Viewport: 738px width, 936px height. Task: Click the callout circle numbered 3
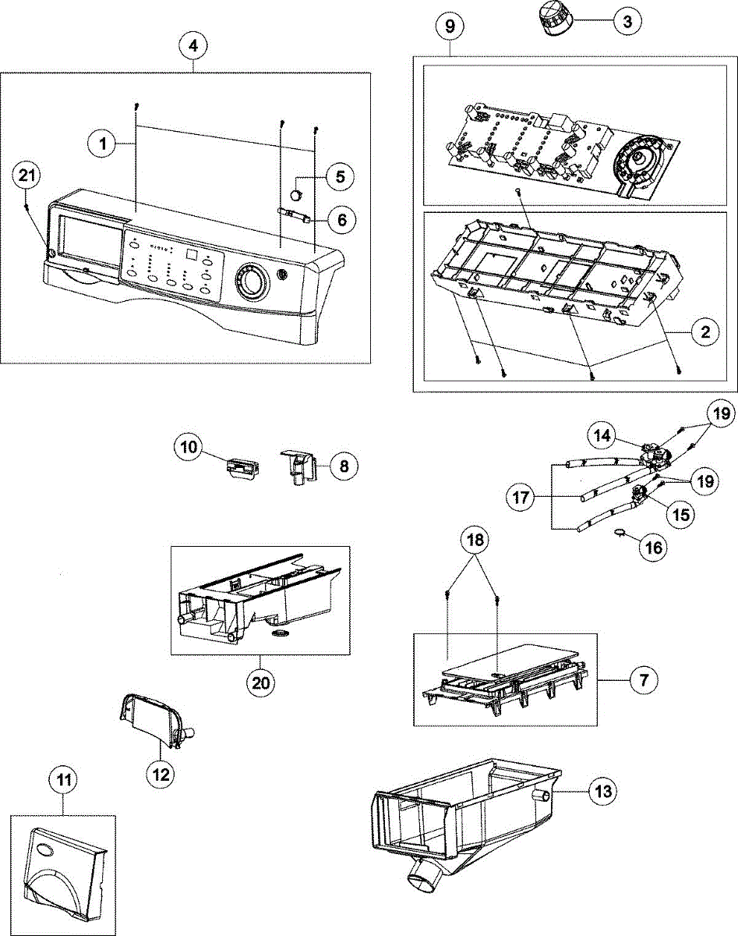tap(627, 21)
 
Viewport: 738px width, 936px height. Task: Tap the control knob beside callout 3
tap(553, 19)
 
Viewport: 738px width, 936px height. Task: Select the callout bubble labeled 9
tap(450, 27)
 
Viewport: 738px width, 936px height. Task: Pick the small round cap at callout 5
tap(296, 194)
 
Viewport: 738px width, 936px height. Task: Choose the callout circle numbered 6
tap(342, 220)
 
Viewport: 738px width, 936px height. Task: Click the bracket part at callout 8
tap(298, 467)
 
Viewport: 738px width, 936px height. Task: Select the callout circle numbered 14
tap(602, 435)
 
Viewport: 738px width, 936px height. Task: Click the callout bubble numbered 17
tap(521, 497)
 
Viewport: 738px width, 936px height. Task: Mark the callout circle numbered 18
tap(475, 541)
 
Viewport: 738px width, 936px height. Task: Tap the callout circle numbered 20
tap(261, 683)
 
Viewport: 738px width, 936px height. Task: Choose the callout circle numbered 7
tap(644, 680)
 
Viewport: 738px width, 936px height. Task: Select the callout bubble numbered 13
tap(603, 791)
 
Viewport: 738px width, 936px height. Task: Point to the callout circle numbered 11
tap(64, 780)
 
